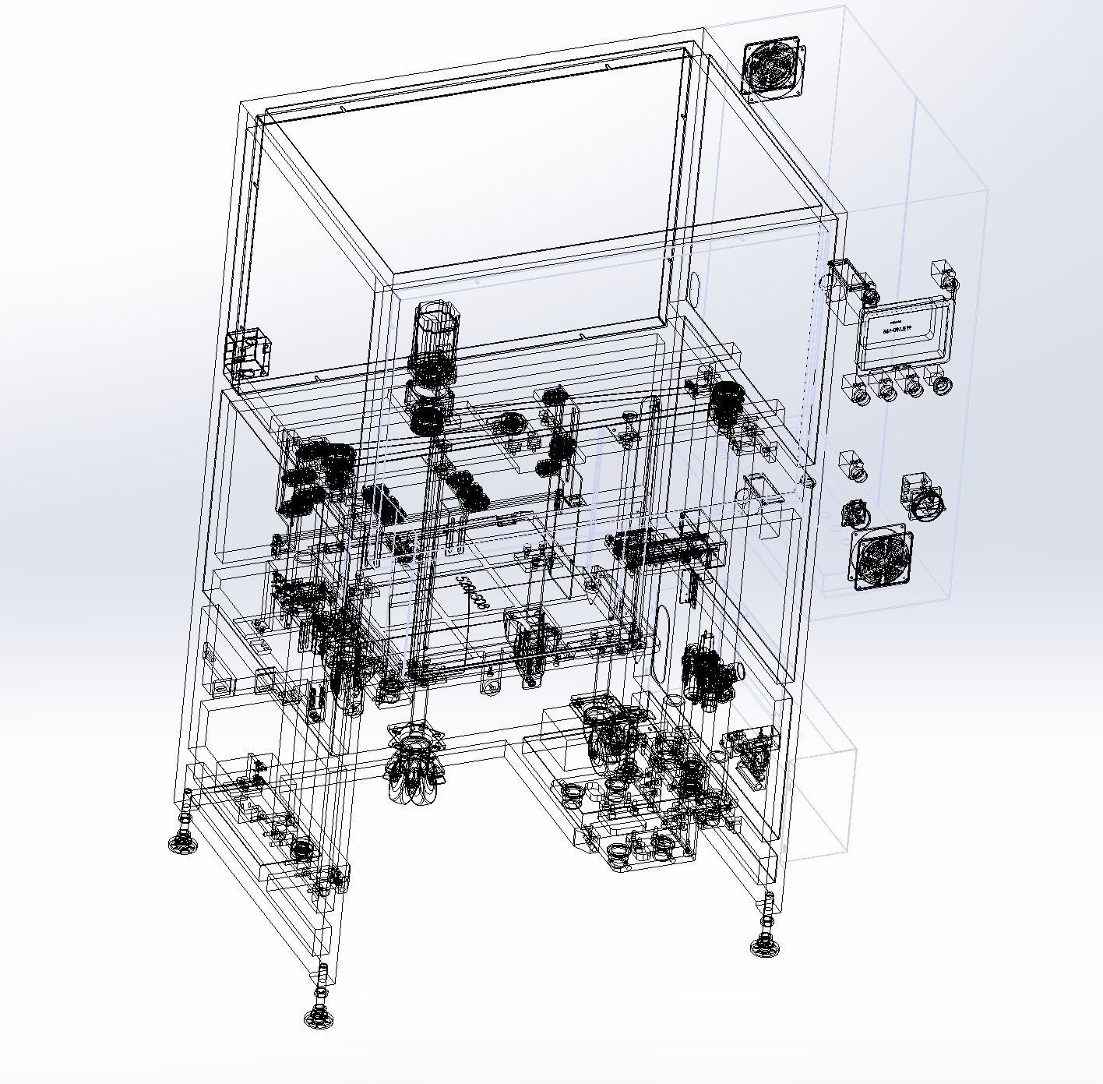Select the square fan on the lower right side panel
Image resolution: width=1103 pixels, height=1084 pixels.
click(x=881, y=559)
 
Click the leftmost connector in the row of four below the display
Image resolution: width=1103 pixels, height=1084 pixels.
click(x=860, y=391)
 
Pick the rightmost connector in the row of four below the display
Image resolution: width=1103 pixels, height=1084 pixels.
click(x=941, y=384)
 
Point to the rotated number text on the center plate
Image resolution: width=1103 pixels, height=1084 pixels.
click(x=473, y=595)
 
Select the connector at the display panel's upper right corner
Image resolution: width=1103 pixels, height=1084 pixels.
click(x=944, y=278)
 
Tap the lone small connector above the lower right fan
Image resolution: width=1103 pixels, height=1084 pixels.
click(x=854, y=466)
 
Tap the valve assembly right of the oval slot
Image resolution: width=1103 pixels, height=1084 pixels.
click(x=710, y=671)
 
